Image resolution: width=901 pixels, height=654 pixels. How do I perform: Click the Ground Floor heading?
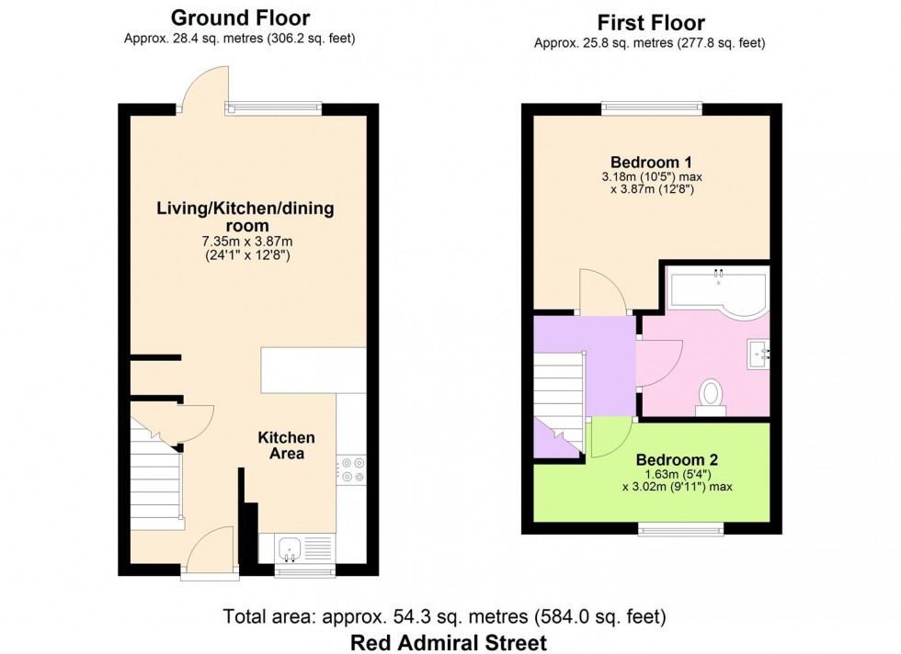[240, 17]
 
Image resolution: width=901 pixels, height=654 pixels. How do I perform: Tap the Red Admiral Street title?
[449, 642]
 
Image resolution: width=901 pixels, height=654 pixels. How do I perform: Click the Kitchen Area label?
[286, 445]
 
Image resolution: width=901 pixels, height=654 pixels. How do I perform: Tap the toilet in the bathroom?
[711, 396]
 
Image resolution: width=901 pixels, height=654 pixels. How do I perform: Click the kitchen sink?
[291, 548]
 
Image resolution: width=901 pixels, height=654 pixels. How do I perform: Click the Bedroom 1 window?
[653, 107]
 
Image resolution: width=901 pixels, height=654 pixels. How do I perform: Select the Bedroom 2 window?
[681, 528]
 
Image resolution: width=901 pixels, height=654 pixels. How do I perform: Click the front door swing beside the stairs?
[209, 551]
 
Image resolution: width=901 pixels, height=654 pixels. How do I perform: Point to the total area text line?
[445, 615]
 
